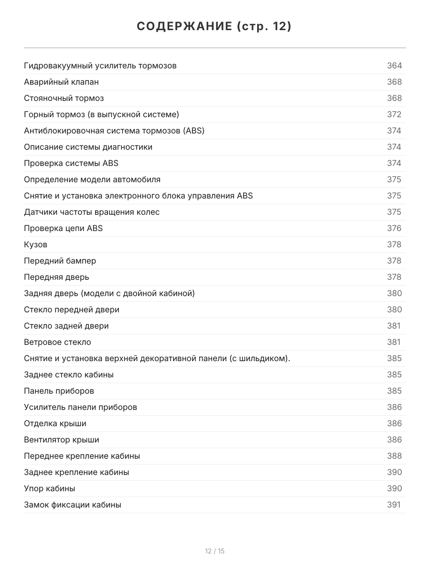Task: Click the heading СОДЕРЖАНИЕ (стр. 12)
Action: click(215, 27)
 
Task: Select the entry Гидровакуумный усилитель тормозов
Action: click(100, 66)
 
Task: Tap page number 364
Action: click(394, 66)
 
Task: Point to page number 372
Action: click(394, 114)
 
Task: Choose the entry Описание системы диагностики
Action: click(88, 147)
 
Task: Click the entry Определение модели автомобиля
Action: click(92, 179)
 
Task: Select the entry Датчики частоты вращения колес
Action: click(92, 212)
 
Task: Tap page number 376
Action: click(394, 228)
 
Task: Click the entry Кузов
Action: click(36, 244)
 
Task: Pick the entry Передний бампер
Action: click(60, 261)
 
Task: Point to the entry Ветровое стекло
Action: click(57, 342)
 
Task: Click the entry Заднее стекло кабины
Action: click(69, 375)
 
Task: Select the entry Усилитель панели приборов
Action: click(80, 407)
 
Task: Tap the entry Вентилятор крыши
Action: click(62, 440)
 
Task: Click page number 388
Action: click(394, 456)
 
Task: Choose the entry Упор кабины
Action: click(50, 488)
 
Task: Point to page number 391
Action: click(393, 505)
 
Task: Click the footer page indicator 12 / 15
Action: click(215, 551)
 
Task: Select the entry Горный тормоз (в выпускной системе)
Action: click(102, 114)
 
